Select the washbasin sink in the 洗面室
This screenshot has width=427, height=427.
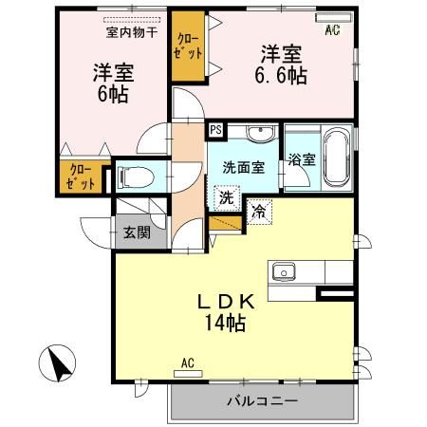click(256, 133)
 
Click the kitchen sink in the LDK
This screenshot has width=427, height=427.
click(283, 273)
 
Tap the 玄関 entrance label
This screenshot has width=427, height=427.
click(132, 231)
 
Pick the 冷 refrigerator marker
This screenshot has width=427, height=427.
click(258, 213)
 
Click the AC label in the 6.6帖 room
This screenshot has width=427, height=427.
click(332, 30)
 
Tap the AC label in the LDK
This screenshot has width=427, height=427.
click(187, 362)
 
